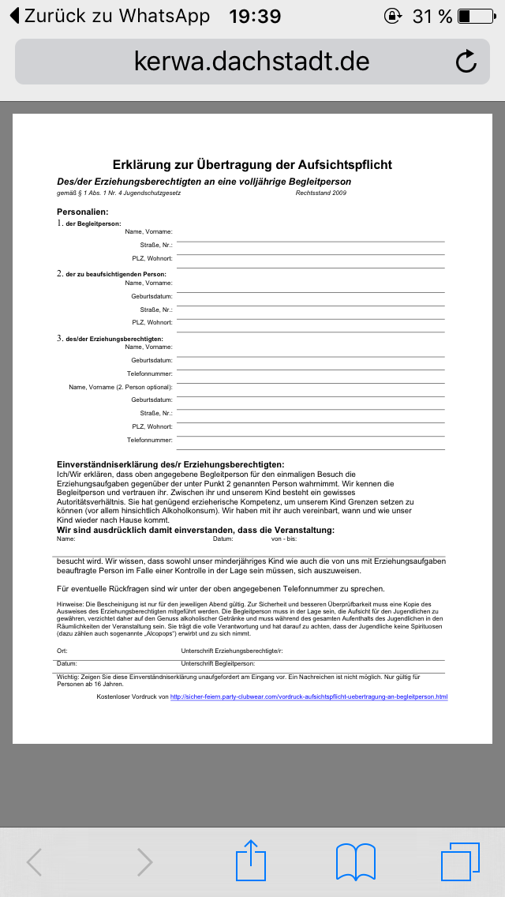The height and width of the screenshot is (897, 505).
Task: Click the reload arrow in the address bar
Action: (x=466, y=62)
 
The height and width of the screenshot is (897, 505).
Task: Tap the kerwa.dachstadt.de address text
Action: (x=252, y=62)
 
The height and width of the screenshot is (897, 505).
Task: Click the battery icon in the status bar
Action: (x=474, y=16)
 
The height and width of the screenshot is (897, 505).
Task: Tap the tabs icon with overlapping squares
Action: (x=460, y=861)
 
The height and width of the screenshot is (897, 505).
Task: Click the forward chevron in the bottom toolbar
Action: (x=144, y=862)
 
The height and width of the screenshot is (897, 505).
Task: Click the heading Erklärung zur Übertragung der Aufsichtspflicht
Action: (x=252, y=165)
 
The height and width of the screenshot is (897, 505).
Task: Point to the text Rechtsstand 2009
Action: (x=320, y=193)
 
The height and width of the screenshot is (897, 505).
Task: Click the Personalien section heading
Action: (x=82, y=212)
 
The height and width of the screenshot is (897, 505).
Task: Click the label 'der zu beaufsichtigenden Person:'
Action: (x=116, y=274)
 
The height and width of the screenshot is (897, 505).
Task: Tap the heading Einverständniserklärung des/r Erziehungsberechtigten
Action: (x=170, y=464)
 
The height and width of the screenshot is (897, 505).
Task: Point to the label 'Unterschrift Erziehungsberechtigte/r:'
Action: (x=231, y=651)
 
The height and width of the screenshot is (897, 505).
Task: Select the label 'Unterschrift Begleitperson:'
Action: (x=218, y=664)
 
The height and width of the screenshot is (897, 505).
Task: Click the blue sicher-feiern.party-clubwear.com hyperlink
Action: (x=309, y=697)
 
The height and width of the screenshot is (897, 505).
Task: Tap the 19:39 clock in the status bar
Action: (x=254, y=16)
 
